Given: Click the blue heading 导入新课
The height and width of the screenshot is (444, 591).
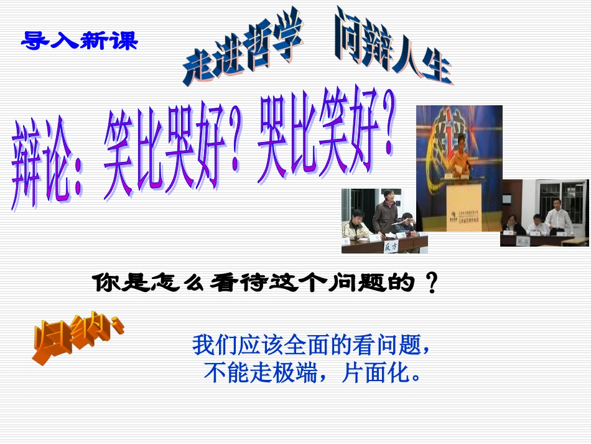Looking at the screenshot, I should tap(79, 41).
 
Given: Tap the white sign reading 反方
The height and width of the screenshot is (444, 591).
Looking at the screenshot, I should tap(390, 247).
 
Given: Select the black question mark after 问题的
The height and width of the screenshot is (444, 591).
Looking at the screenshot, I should tap(430, 285).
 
